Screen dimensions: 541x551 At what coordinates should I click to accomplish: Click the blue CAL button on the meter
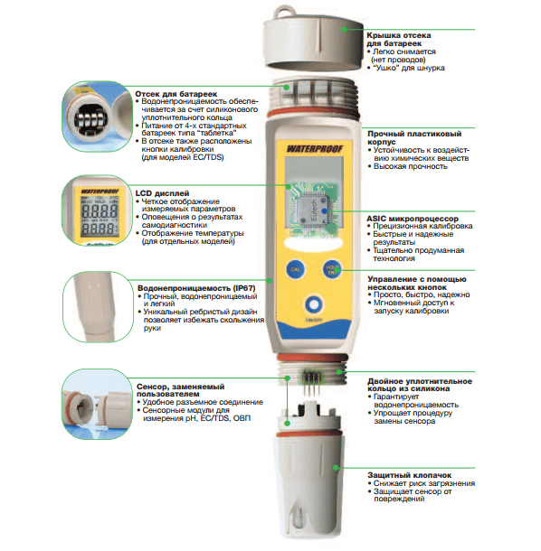pyautogui.click(x=295, y=269)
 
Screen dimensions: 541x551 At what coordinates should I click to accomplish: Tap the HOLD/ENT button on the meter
pyautogui.click(x=331, y=269)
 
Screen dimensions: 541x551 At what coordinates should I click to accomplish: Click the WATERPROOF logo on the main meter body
pyautogui.click(x=314, y=149)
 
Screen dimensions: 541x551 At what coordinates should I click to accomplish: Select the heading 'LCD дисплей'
pyautogui.click(x=162, y=193)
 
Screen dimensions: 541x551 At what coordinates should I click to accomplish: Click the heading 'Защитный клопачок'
pyautogui.click(x=409, y=475)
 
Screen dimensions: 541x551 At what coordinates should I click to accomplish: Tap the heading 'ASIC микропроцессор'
pyautogui.click(x=413, y=219)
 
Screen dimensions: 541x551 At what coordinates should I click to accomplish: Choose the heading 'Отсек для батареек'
pyautogui.click(x=176, y=94)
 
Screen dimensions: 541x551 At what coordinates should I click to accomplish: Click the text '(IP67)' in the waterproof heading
pyautogui.click(x=244, y=288)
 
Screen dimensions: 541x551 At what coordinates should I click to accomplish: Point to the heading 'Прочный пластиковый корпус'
pyautogui.click(x=414, y=137)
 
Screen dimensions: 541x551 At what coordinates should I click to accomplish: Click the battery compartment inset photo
pyautogui.click(x=98, y=117)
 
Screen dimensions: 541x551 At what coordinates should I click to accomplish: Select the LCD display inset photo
pyautogui.click(x=98, y=210)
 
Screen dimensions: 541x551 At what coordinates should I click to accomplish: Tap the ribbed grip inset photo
pyautogui.click(x=99, y=306)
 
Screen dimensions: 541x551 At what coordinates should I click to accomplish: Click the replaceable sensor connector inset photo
pyautogui.click(x=98, y=404)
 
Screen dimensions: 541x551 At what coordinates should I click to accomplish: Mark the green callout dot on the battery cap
pyautogui.click(x=345, y=30)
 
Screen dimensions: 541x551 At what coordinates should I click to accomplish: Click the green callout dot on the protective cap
pyautogui.click(x=336, y=468)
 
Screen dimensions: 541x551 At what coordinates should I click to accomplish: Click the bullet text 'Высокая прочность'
pyautogui.click(x=411, y=166)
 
